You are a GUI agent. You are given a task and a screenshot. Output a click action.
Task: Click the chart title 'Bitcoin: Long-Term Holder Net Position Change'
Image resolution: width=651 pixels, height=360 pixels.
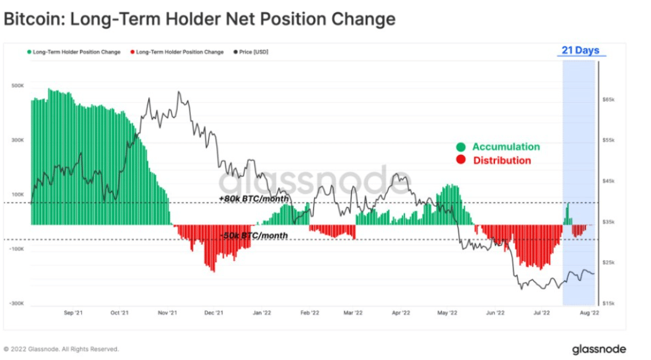[x=199, y=19]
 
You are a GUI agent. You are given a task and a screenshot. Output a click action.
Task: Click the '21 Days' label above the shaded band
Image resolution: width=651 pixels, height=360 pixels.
[x=580, y=50]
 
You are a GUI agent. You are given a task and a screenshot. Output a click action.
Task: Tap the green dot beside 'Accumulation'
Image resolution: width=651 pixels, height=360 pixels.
[x=460, y=147]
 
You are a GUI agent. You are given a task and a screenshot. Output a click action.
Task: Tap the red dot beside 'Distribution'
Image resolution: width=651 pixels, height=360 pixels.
[x=460, y=160]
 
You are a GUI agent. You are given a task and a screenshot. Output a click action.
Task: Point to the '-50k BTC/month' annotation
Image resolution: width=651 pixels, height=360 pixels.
[x=254, y=235]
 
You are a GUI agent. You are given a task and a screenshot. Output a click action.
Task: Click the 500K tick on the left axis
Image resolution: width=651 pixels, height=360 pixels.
[x=17, y=86]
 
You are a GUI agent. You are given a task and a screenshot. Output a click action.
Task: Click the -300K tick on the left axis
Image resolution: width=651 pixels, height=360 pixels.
[x=17, y=304]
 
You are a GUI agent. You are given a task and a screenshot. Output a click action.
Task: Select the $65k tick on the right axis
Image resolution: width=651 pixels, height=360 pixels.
[x=608, y=99]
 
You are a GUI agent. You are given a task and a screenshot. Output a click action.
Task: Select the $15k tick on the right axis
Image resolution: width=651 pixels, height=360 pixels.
[x=608, y=303]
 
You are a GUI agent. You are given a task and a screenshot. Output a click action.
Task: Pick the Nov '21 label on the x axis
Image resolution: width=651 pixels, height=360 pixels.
[x=168, y=314]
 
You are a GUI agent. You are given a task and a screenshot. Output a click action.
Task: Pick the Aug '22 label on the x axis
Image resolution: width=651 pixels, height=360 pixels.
[x=589, y=314]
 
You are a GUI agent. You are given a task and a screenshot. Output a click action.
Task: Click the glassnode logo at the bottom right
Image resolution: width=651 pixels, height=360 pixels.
[x=598, y=349]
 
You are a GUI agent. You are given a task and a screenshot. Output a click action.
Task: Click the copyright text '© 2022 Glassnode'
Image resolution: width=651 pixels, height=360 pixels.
[x=61, y=349]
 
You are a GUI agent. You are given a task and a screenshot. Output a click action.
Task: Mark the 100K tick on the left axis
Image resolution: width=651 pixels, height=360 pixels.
[x=17, y=195]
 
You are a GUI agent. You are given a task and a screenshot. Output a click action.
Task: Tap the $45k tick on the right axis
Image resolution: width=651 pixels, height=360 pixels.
[x=608, y=181]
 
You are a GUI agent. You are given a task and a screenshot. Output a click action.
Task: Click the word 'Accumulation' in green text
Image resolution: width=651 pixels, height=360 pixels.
[x=506, y=147]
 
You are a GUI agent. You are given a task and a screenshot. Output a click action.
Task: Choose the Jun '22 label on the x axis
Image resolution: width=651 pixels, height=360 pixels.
[x=495, y=314]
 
